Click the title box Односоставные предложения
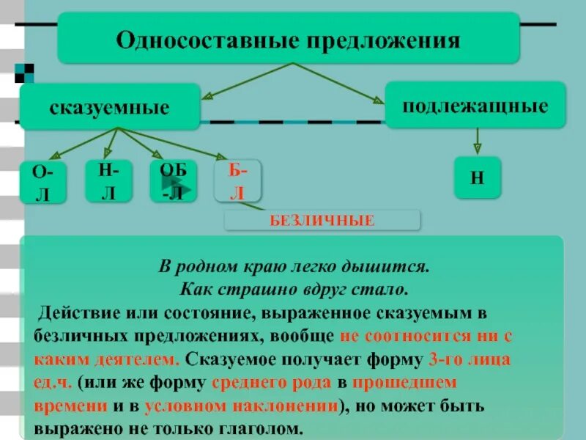(288, 38)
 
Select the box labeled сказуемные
(109, 107)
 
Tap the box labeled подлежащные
(475, 106)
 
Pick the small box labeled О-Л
(43, 182)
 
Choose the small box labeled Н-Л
(108, 180)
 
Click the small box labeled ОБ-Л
(173, 180)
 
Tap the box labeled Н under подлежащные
(477, 177)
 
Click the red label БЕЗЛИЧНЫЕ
(322, 219)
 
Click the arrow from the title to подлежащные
(341, 83)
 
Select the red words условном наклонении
(241, 406)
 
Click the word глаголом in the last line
(260, 428)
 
